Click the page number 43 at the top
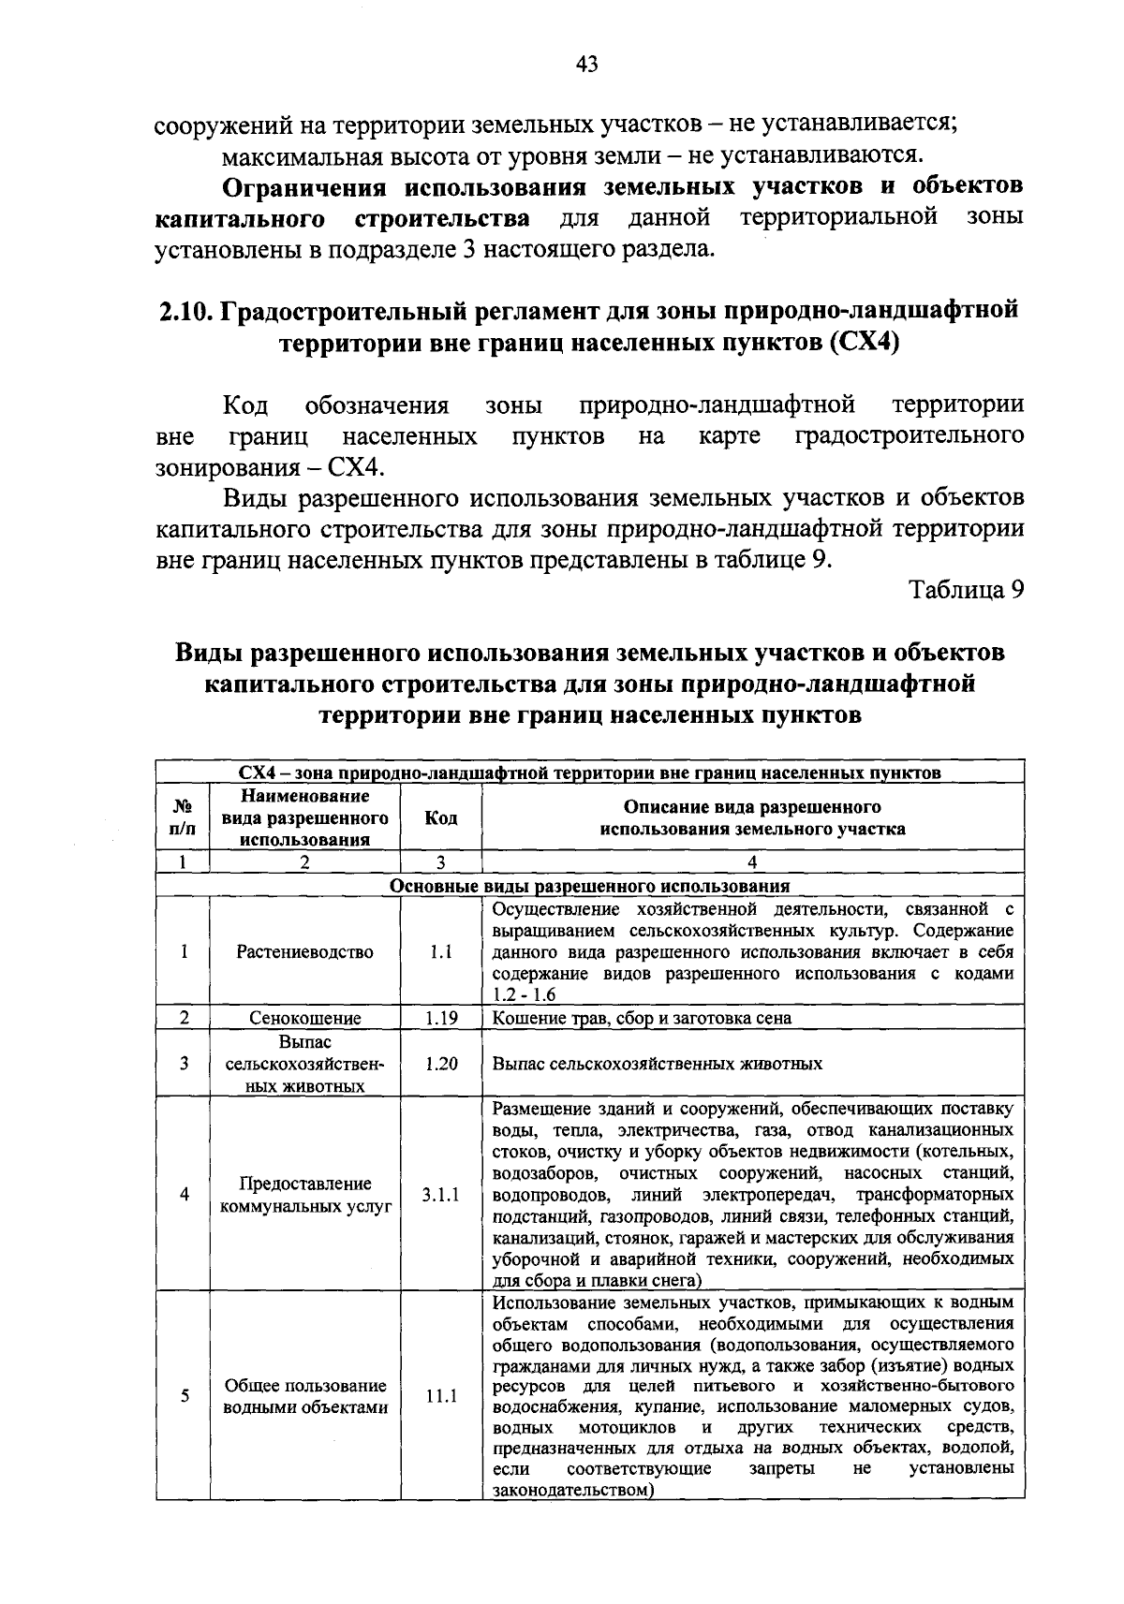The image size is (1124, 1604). click(587, 64)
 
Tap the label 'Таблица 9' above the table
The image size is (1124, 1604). click(967, 590)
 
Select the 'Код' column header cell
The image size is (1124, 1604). click(440, 817)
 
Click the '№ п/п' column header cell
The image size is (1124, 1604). click(184, 817)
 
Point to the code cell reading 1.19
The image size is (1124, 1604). click(440, 1018)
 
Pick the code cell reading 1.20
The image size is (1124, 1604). click(440, 1064)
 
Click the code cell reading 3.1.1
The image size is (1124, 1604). click(440, 1195)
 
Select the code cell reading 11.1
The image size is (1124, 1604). click(440, 1396)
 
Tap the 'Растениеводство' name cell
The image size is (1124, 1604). click(304, 952)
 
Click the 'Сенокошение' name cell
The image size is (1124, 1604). click(304, 1018)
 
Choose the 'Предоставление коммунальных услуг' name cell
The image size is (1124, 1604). click(304, 1195)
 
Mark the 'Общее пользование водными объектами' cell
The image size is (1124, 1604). click(304, 1396)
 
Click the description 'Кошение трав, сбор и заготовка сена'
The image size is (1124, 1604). click(642, 1018)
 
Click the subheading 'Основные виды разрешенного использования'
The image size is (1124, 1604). click(589, 886)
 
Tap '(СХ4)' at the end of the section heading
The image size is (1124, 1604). click(864, 343)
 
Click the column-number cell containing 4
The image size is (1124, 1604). click(752, 862)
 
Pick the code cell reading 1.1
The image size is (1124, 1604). click(440, 952)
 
